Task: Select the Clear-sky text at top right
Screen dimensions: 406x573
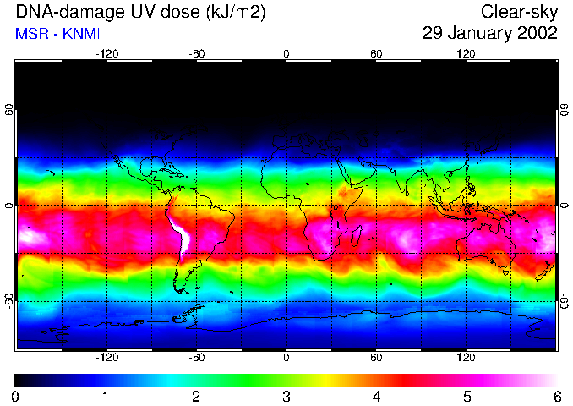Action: [x=519, y=12]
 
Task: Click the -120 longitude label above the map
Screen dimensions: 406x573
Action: [x=106, y=53]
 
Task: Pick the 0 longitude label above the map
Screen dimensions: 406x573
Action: [x=286, y=53]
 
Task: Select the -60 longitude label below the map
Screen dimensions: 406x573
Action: [x=196, y=359]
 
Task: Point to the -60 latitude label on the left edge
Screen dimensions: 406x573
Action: [x=8, y=300]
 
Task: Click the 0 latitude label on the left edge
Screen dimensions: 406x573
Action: [x=8, y=206]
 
